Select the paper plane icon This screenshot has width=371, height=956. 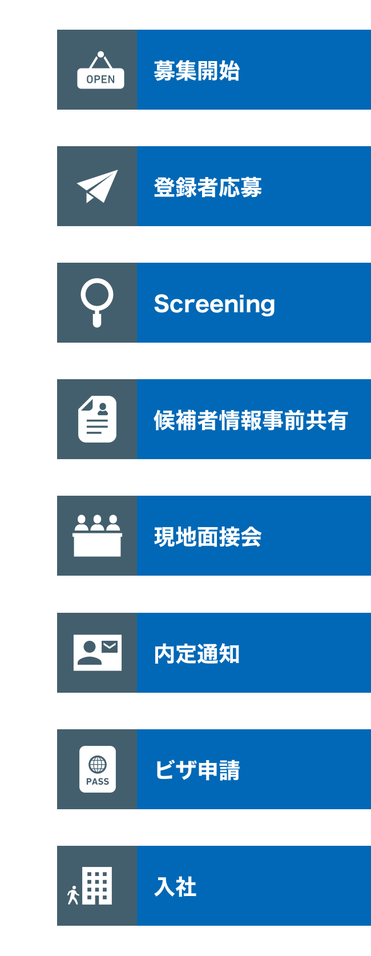click(x=97, y=186)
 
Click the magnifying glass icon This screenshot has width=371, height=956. click(x=97, y=302)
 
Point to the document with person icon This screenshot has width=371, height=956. click(x=97, y=419)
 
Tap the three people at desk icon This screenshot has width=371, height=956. click(x=97, y=535)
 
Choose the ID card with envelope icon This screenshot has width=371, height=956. click(x=97, y=652)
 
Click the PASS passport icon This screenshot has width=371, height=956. click(x=97, y=769)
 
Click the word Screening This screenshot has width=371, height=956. click(x=214, y=304)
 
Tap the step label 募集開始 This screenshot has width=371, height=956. click(x=196, y=71)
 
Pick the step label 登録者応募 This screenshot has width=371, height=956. click(x=208, y=187)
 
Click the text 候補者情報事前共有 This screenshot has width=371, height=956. click(x=251, y=420)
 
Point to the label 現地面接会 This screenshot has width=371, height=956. click(x=208, y=537)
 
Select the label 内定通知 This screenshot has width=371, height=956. click(x=196, y=654)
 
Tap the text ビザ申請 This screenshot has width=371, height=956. click(x=197, y=770)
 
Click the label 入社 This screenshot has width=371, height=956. click(x=175, y=887)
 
